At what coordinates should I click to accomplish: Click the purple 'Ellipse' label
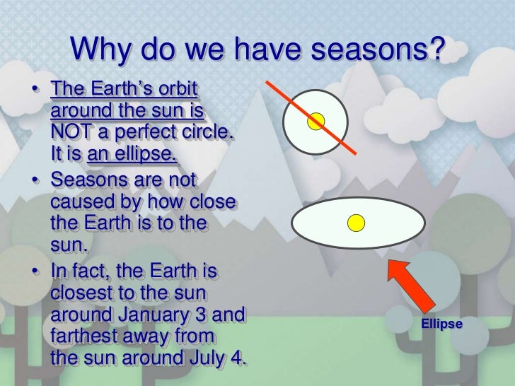[441, 324]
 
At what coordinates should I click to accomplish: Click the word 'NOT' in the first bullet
[72, 132]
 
